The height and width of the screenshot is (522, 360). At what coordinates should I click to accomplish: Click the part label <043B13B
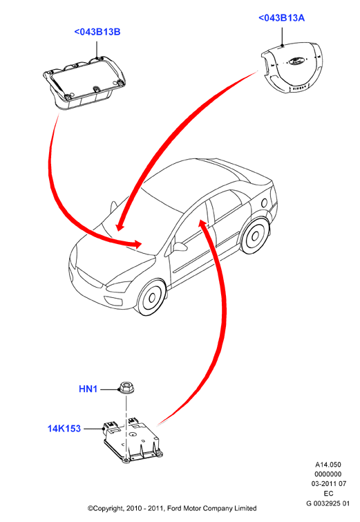click(x=97, y=32)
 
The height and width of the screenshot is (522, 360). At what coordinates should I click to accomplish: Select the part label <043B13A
click(x=281, y=18)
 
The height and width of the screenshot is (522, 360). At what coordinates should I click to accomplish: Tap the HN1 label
click(x=88, y=389)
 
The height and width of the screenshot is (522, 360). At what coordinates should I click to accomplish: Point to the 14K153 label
click(x=64, y=429)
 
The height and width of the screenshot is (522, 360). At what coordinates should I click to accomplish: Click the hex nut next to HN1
click(x=124, y=387)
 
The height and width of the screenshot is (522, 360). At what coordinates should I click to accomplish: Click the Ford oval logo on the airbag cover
click(x=295, y=61)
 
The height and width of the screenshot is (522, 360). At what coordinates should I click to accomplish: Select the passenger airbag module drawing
click(x=85, y=82)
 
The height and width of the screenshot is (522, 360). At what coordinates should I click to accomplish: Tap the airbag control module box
click(x=133, y=440)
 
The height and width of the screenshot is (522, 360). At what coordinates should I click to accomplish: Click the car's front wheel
click(x=151, y=297)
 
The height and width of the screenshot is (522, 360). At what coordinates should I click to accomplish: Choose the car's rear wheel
click(x=255, y=235)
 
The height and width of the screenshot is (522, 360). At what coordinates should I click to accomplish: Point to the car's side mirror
click(x=180, y=247)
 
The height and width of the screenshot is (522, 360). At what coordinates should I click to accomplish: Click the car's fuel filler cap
click(x=264, y=203)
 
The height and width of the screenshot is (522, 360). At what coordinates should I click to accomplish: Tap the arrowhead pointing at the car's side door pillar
click(x=202, y=224)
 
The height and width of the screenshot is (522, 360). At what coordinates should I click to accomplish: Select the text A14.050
click(x=328, y=465)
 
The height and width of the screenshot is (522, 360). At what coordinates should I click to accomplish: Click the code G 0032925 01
click(x=328, y=503)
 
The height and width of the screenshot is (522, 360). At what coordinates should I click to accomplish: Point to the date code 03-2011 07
click(x=329, y=484)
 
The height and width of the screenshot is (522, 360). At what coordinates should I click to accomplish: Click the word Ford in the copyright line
click(x=174, y=508)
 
